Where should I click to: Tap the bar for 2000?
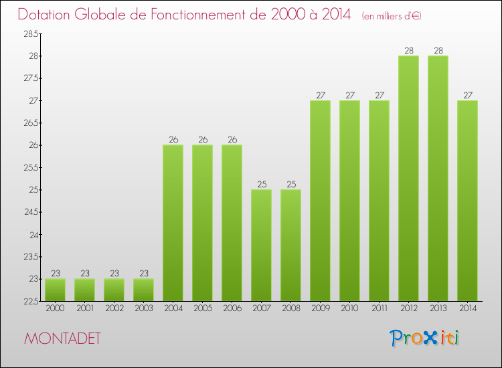point(55,290)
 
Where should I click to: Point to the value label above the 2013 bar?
point(438,50)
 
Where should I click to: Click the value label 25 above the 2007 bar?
point(261,184)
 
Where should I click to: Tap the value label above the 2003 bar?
point(143,273)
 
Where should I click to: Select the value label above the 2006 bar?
point(232,139)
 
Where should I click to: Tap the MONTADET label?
point(63,339)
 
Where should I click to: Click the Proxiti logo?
point(425,338)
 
